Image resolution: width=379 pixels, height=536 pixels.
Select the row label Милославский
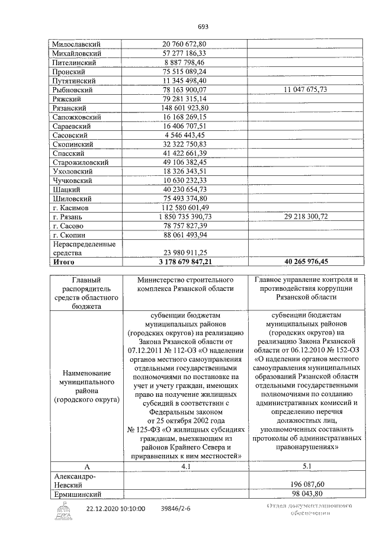(x=76, y=44)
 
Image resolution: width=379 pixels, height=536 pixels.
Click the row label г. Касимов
(x=70, y=208)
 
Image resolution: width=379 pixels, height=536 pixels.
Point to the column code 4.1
(x=186, y=466)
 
